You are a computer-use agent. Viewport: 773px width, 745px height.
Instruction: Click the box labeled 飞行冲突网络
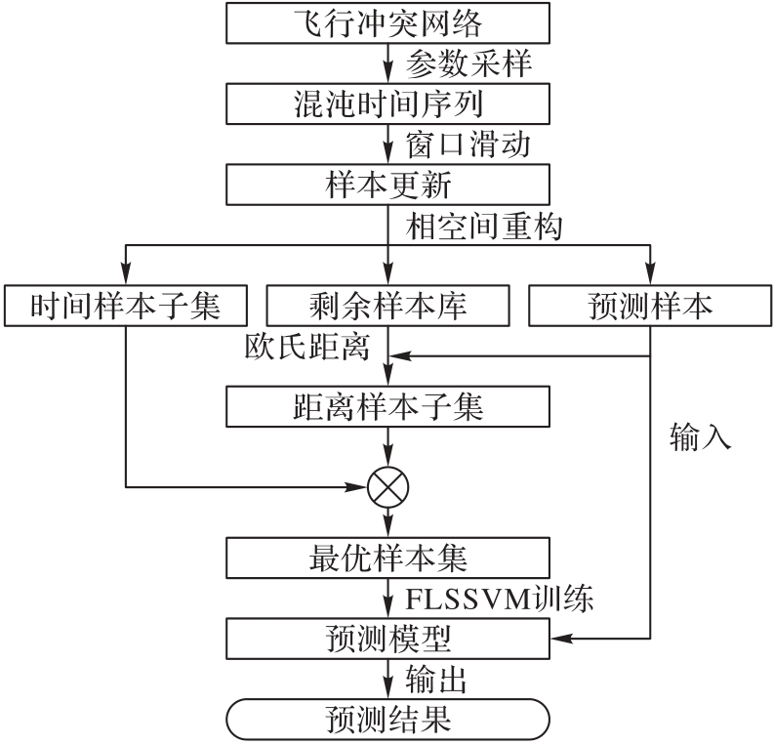coord(387,22)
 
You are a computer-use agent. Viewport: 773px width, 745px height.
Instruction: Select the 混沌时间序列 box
coord(387,102)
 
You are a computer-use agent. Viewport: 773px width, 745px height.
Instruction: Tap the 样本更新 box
coord(387,183)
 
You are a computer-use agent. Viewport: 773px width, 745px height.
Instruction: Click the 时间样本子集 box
coord(125,306)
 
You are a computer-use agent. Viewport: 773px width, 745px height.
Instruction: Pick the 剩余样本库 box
coord(387,306)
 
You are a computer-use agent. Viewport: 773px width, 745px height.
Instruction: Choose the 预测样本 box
coord(651,306)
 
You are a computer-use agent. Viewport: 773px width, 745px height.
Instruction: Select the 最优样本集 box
coord(387,559)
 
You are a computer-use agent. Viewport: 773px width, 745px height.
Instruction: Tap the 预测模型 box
coord(387,639)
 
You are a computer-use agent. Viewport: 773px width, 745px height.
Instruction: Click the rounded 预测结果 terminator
coord(387,720)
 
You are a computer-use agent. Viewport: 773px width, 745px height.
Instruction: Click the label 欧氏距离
coord(307,347)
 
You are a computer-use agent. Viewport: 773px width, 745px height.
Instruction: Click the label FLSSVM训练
coord(499,598)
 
